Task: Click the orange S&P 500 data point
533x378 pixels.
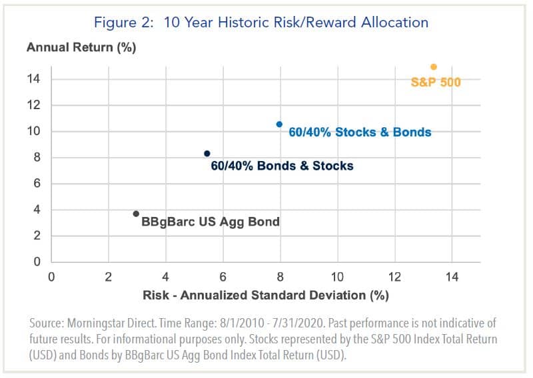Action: click(x=434, y=67)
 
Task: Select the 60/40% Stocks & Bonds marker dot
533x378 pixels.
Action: click(x=279, y=124)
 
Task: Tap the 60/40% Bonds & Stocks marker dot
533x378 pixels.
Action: click(x=207, y=154)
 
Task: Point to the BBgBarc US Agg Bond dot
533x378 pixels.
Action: click(x=136, y=214)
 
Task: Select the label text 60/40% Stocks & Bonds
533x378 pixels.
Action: click(x=360, y=132)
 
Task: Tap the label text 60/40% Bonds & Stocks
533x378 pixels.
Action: click(x=282, y=165)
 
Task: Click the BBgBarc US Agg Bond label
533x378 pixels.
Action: click(x=211, y=222)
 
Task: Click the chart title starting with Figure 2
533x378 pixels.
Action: click(x=261, y=22)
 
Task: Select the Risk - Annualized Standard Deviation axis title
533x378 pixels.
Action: click(x=266, y=294)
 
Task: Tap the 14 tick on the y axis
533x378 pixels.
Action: click(x=34, y=79)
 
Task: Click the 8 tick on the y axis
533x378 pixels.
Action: click(x=37, y=158)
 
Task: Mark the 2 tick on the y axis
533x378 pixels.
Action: click(x=37, y=236)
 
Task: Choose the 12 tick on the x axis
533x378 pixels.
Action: click(x=395, y=276)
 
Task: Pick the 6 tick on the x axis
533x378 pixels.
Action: click(x=223, y=276)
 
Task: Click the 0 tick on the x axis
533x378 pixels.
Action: click(x=51, y=276)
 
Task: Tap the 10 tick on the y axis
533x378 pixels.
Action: click(x=34, y=132)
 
